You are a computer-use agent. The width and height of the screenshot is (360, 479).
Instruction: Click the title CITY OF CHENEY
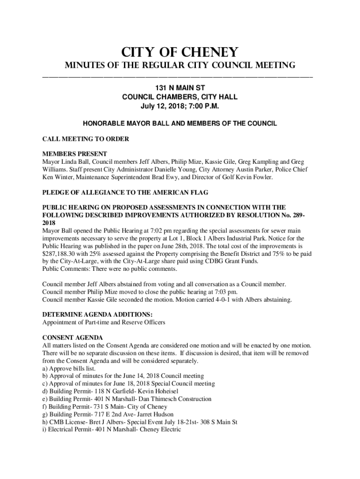[180, 51]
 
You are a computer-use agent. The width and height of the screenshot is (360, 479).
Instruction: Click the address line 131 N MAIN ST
[180, 87]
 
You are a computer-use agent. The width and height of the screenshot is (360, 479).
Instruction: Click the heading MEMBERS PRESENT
[75, 154]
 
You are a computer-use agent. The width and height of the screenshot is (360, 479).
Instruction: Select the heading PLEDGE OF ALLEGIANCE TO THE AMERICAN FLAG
[125, 192]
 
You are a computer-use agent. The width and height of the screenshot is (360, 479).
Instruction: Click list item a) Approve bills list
[69, 368]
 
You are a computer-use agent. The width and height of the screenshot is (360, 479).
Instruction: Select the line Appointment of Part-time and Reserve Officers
[103, 322]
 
